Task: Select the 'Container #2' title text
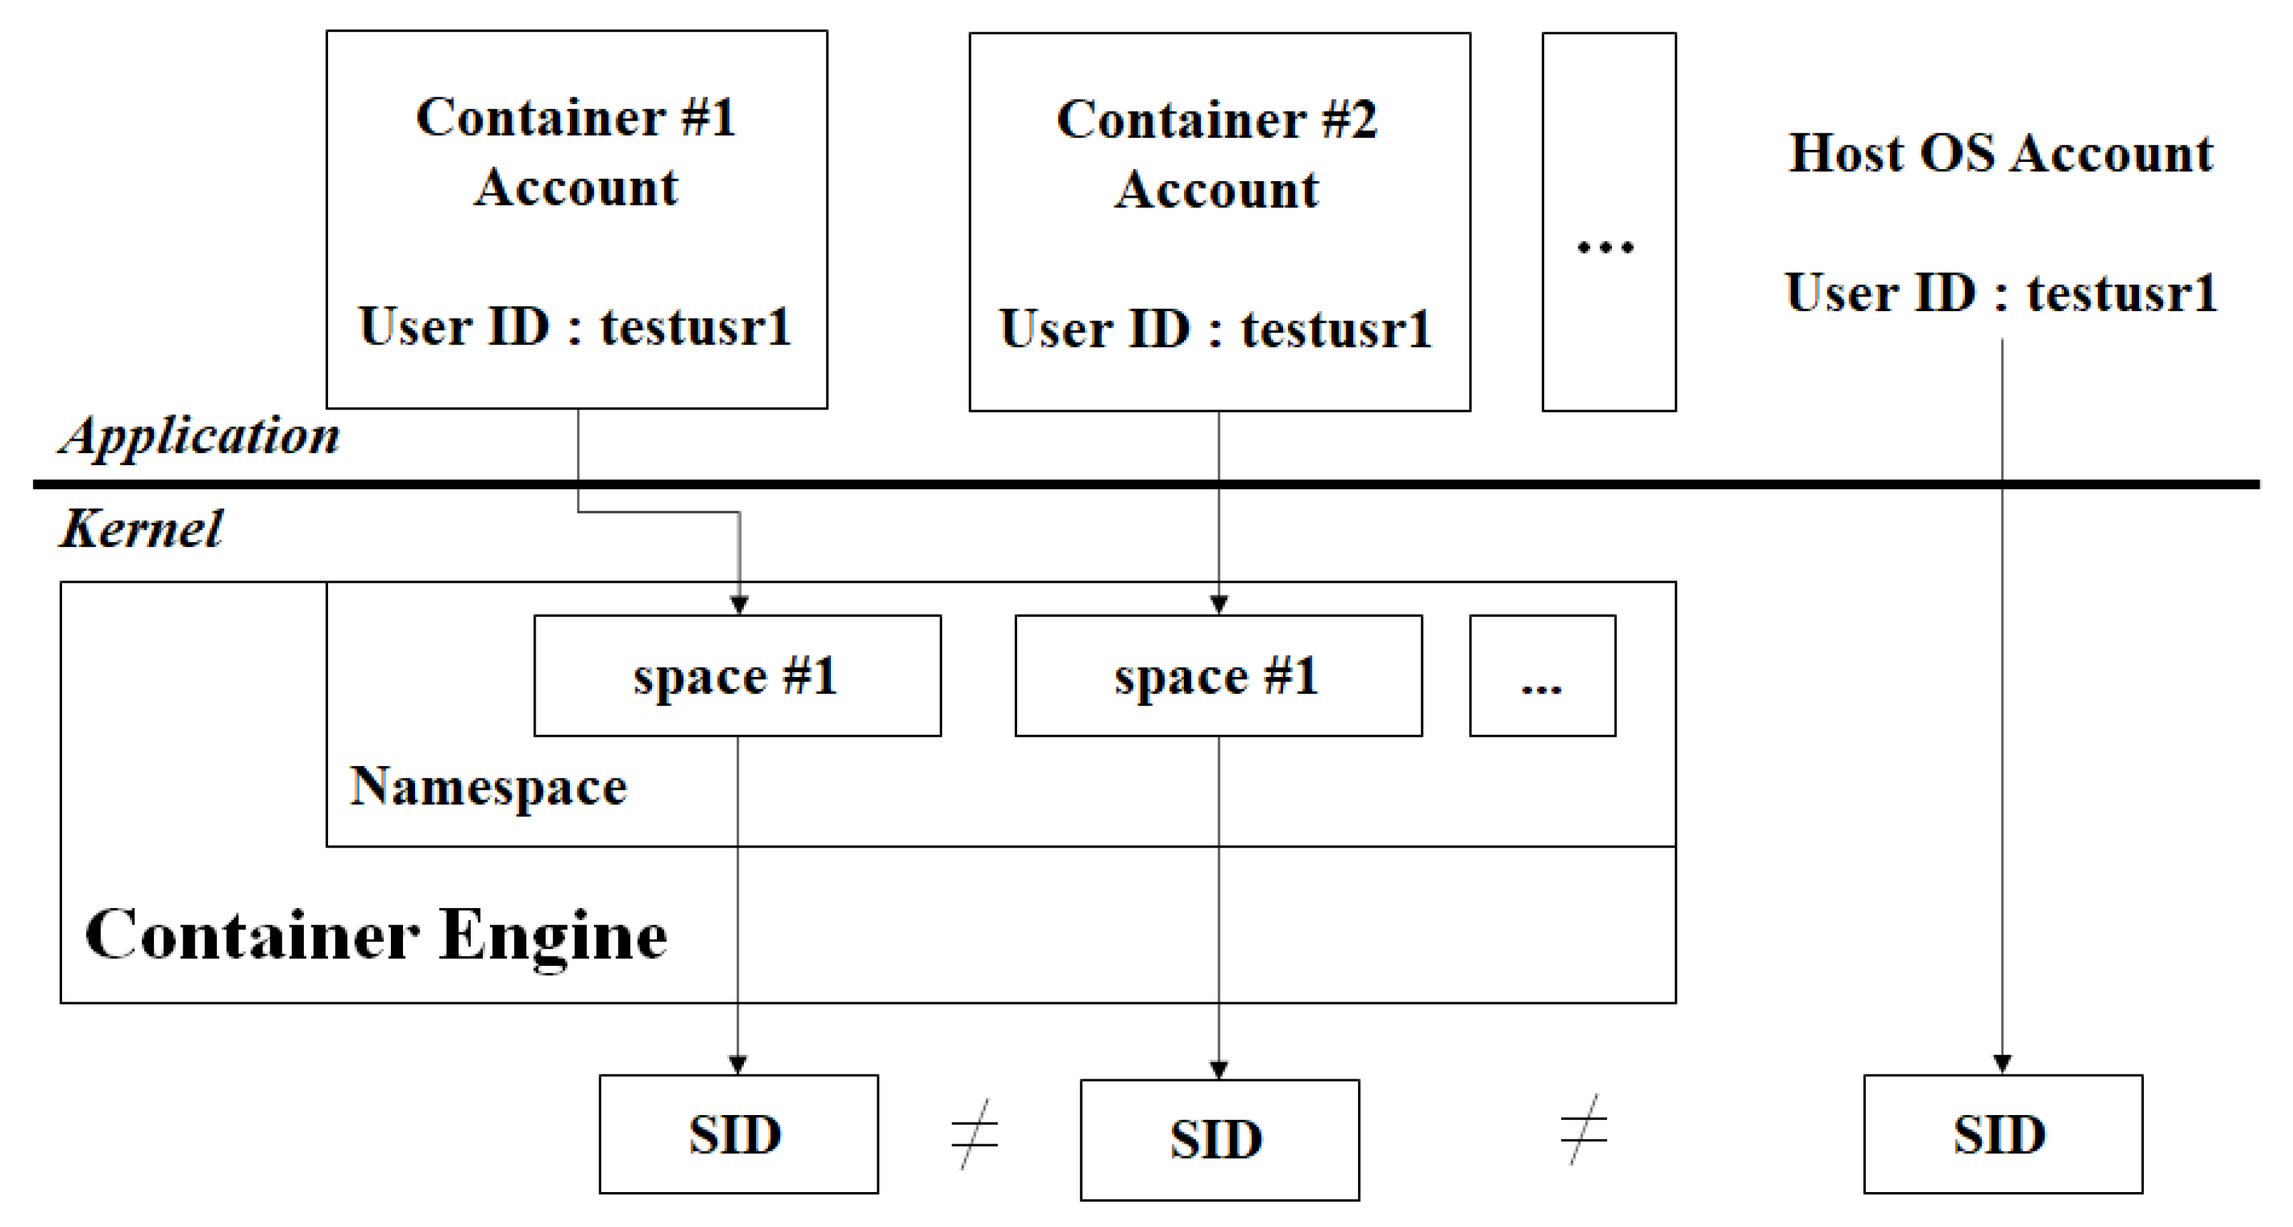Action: (x=1217, y=121)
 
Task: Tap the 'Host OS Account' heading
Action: (x=2001, y=153)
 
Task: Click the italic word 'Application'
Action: (x=200, y=437)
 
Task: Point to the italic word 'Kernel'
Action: (x=141, y=529)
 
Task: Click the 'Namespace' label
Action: (x=488, y=787)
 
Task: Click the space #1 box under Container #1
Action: (x=737, y=676)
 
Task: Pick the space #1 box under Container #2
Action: (x=1217, y=676)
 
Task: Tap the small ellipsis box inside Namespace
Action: (x=1542, y=676)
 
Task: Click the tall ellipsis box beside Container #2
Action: (x=1608, y=223)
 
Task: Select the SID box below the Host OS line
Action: (x=2002, y=1134)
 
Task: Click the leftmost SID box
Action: (x=738, y=1134)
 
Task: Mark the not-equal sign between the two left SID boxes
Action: (x=975, y=1134)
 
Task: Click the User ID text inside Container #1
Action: (x=575, y=327)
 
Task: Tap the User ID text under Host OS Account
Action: (x=2001, y=293)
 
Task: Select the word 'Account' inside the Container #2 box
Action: (x=1217, y=190)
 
